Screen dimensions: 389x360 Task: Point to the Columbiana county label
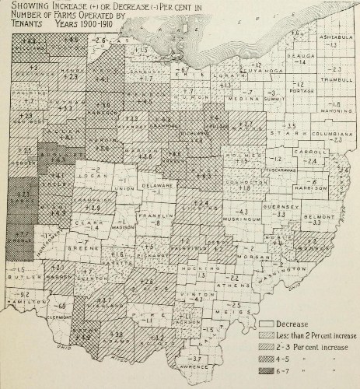[334, 133]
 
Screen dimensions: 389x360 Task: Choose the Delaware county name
[159, 187]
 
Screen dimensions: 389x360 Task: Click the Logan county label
[96, 177]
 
